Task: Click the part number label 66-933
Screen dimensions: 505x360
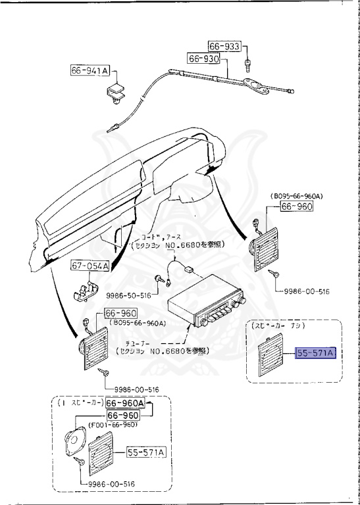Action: [x=224, y=47]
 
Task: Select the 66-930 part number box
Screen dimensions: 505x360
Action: [x=203, y=59]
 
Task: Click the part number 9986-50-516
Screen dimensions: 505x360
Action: [x=128, y=295]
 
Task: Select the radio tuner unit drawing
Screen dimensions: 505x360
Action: [x=206, y=308]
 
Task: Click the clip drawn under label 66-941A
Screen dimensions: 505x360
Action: [x=116, y=91]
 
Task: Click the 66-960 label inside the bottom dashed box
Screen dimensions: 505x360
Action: [x=123, y=416]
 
